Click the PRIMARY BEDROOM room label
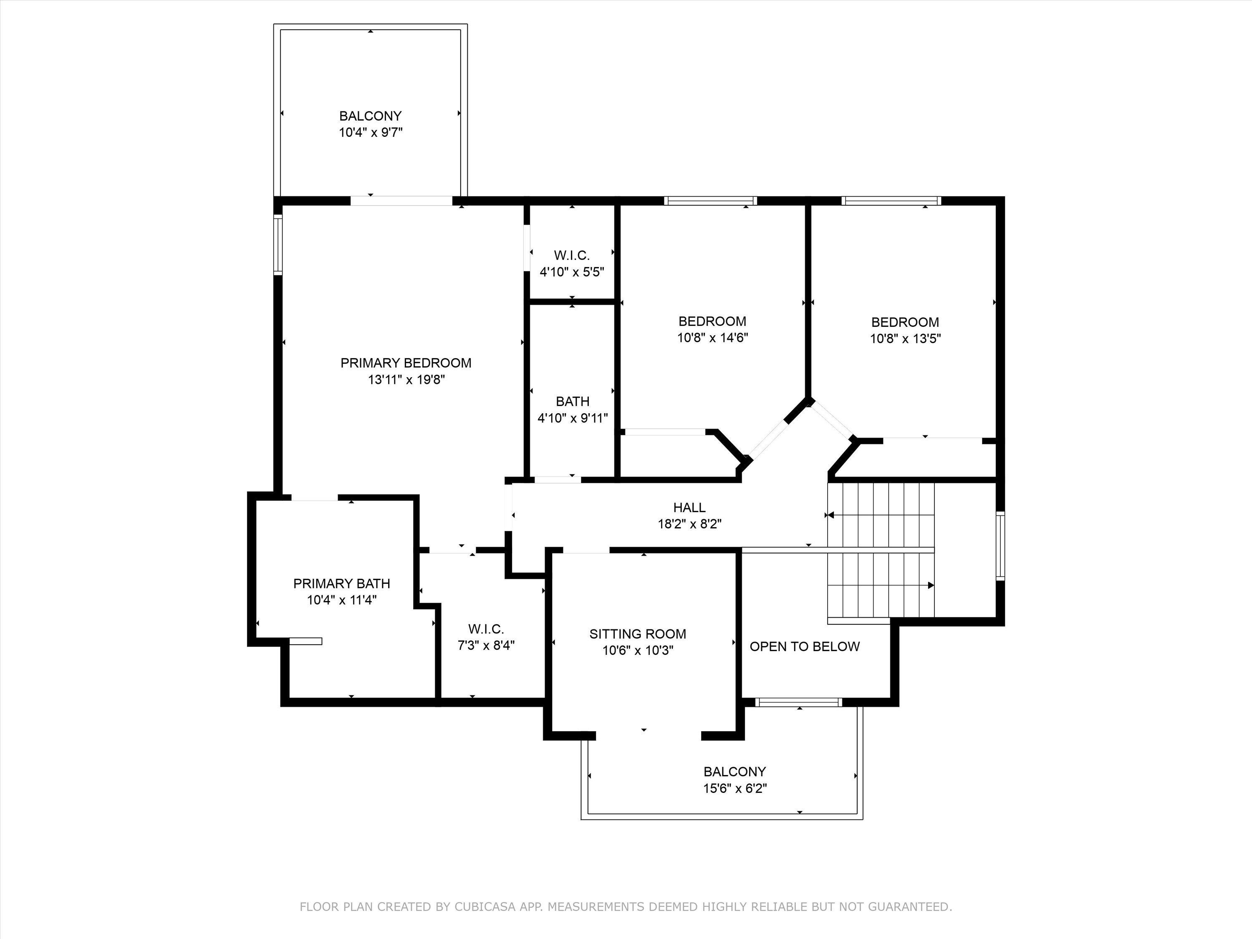click(405, 363)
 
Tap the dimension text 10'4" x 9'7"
click(370, 132)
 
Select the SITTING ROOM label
click(637, 634)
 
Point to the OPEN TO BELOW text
click(804, 646)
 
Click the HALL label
click(689, 508)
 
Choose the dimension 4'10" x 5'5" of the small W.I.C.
click(572, 272)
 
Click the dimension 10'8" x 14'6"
click(713, 338)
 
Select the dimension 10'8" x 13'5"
click(905, 338)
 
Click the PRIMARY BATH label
click(341, 583)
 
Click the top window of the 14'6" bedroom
click(710, 200)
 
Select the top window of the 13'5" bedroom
click(891, 200)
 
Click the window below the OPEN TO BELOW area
click(799, 702)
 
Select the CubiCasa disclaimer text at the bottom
click(626, 907)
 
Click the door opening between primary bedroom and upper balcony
click(401, 200)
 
